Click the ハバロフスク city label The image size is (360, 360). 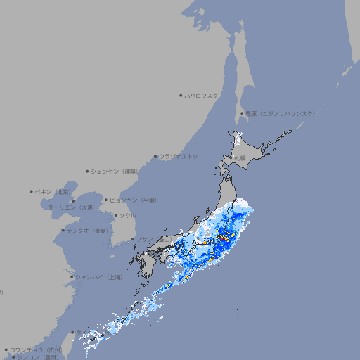[x=202, y=95]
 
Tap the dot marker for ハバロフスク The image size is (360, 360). [x=181, y=95]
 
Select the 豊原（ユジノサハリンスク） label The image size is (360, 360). [x=280, y=113]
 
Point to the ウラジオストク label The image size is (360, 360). [x=179, y=156]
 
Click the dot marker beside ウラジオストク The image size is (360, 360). [x=155, y=157]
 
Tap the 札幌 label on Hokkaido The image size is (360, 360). [x=240, y=157]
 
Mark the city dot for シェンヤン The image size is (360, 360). [x=87, y=171]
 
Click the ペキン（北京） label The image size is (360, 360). [x=53, y=191]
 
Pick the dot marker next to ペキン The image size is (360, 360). [x=32, y=191]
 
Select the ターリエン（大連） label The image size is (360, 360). [x=71, y=207]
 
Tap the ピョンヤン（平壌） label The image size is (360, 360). [x=133, y=200]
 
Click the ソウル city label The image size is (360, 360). [x=127, y=215]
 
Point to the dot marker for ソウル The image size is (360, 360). [x=115, y=215]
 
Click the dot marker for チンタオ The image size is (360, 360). [x=63, y=230]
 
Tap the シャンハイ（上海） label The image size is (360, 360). [x=98, y=277]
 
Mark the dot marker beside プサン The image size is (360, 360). [x=132, y=239]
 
